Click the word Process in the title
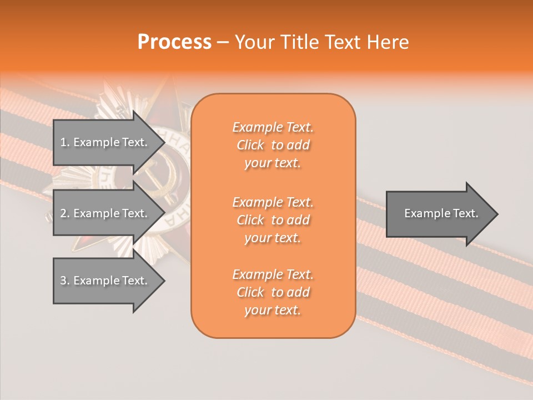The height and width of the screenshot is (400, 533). point(174,42)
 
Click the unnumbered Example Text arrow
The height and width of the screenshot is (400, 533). point(439,213)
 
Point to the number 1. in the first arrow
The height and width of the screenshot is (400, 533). point(64,142)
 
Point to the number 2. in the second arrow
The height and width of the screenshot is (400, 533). point(64,213)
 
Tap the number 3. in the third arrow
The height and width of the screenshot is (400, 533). point(64,281)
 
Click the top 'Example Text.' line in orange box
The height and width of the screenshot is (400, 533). point(273,128)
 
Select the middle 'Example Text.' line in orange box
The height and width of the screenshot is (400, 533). point(273,202)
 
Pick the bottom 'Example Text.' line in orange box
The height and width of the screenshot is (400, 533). point(273,274)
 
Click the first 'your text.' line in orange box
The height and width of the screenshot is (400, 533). point(273,163)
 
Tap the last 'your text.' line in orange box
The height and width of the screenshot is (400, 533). point(273,311)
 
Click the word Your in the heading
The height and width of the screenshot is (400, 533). point(255,42)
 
